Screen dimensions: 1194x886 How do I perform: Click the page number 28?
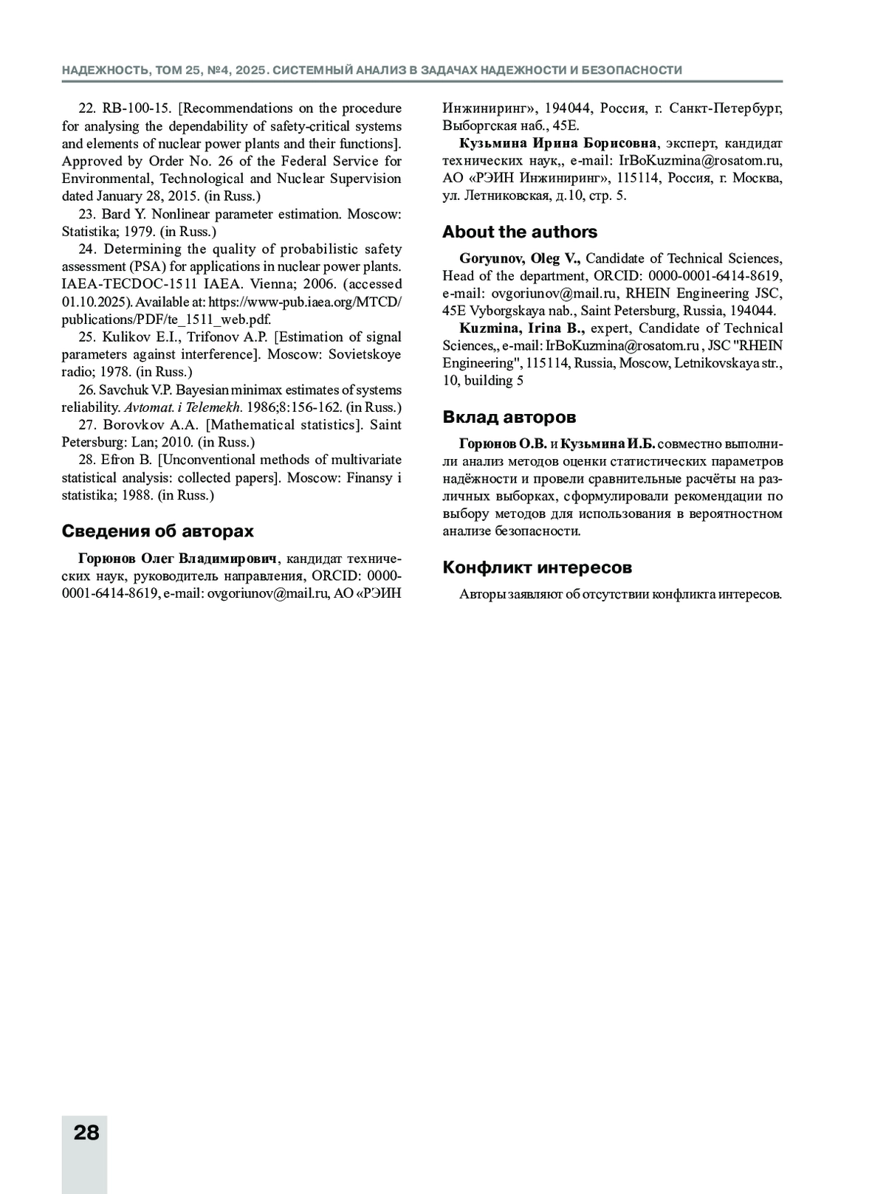point(86,1132)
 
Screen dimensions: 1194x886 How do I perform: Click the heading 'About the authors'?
point(520,232)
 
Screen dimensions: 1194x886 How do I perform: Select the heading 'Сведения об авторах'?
point(157,531)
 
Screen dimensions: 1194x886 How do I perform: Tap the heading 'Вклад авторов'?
point(509,417)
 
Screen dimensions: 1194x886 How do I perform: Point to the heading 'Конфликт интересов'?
point(538,567)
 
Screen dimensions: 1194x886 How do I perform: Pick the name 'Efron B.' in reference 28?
point(126,460)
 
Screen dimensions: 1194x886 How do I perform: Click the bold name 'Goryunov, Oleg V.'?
point(520,258)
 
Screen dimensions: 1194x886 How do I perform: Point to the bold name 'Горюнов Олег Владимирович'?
point(177,557)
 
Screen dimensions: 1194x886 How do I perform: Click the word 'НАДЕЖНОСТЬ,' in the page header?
point(106,70)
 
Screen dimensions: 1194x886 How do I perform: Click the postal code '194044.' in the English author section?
point(752,311)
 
